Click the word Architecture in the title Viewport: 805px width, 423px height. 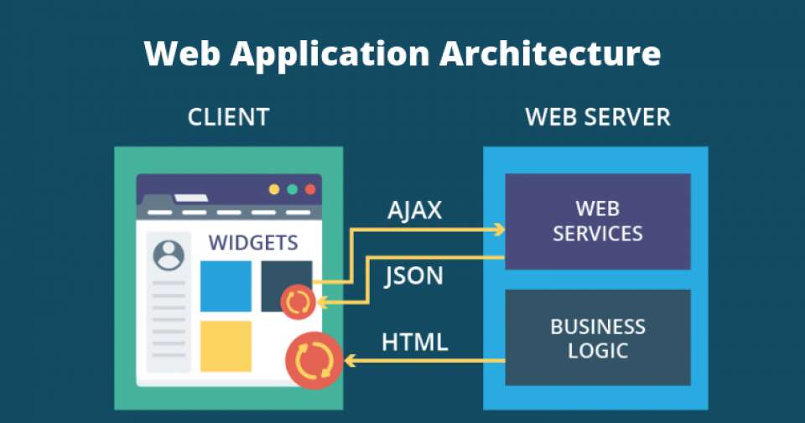(550, 54)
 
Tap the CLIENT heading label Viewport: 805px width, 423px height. (228, 117)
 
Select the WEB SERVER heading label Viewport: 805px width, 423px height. (598, 117)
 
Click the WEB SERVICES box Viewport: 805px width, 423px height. (598, 221)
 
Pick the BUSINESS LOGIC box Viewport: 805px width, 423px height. (598, 338)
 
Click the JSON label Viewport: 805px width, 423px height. (413, 276)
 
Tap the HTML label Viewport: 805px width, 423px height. (415, 342)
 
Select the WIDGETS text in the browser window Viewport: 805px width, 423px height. (253, 243)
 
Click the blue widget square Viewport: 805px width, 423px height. (226, 286)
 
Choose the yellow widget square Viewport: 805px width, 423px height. (226, 346)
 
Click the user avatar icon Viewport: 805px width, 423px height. (169, 255)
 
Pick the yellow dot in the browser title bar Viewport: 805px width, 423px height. (274, 189)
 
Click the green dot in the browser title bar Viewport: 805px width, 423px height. (292, 189)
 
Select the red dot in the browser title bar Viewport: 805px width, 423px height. (310, 189)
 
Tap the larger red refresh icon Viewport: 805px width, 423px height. (314, 360)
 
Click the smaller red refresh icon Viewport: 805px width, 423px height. (298, 302)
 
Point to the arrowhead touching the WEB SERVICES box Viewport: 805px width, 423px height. (499, 230)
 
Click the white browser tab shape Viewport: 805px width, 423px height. (191, 198)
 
